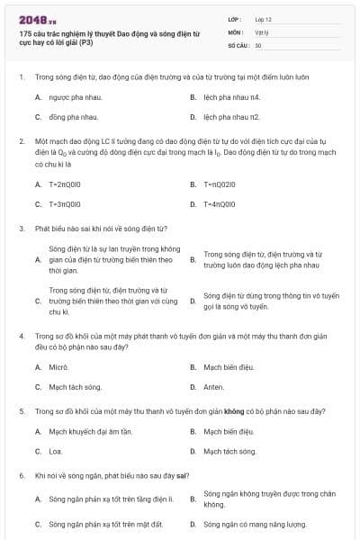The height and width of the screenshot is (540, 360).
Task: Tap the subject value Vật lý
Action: [261, 31]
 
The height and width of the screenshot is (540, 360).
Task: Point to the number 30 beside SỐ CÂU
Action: [258, 44]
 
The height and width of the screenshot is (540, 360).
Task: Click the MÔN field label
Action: [235, 31]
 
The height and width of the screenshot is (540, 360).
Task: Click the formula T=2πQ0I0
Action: [67, 184]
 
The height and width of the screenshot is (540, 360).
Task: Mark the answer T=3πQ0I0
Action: [67, 204]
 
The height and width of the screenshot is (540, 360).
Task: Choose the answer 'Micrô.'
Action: [58, 367]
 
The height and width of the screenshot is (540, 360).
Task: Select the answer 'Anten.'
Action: [214, 387]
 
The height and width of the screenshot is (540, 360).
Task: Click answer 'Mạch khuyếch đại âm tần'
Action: [84, 431]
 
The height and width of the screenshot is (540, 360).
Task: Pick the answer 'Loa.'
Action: [56, 451]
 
